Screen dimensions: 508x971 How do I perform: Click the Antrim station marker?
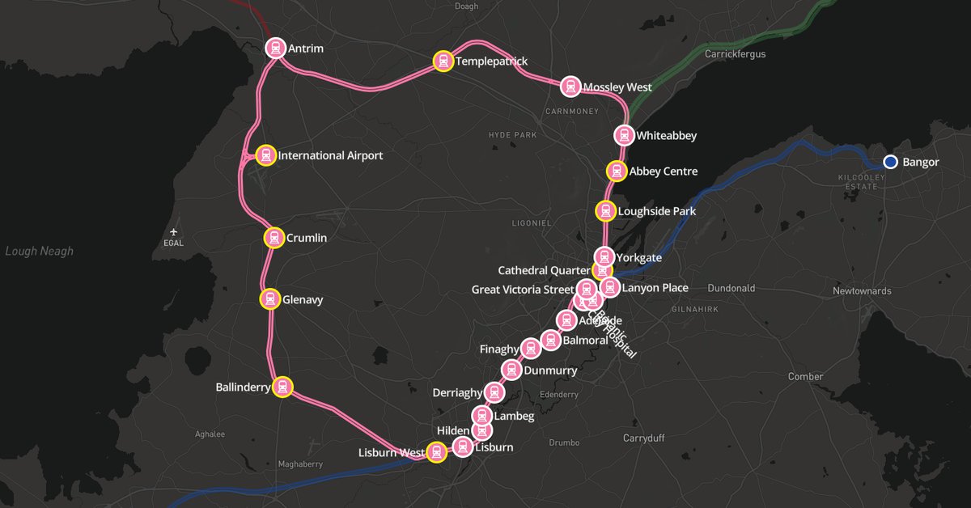point(275,48)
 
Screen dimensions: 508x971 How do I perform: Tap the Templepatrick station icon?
point(443,61)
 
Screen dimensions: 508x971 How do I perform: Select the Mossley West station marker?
point(570,87)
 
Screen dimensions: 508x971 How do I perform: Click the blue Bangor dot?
point(890,162)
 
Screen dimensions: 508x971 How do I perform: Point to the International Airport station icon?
point(265,155)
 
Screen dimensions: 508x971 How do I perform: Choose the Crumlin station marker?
point(274,238)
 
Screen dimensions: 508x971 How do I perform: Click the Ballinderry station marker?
point(282,387)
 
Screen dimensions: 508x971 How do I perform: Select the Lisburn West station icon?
point(436,452)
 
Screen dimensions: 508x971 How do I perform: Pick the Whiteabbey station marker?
point(623,135)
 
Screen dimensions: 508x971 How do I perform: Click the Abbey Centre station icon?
point(617,171)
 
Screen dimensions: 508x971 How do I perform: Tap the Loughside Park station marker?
point(605,211)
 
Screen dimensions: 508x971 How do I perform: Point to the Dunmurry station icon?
point(511,370)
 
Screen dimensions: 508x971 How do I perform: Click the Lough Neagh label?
point(39,251)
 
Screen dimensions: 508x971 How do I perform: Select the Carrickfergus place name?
point(735,54)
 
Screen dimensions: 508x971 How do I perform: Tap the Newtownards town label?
point(862,290)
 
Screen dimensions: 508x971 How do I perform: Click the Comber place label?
point(805,377)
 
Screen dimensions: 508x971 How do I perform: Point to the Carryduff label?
point(643,438)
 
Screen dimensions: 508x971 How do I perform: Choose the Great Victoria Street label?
point(522,290)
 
